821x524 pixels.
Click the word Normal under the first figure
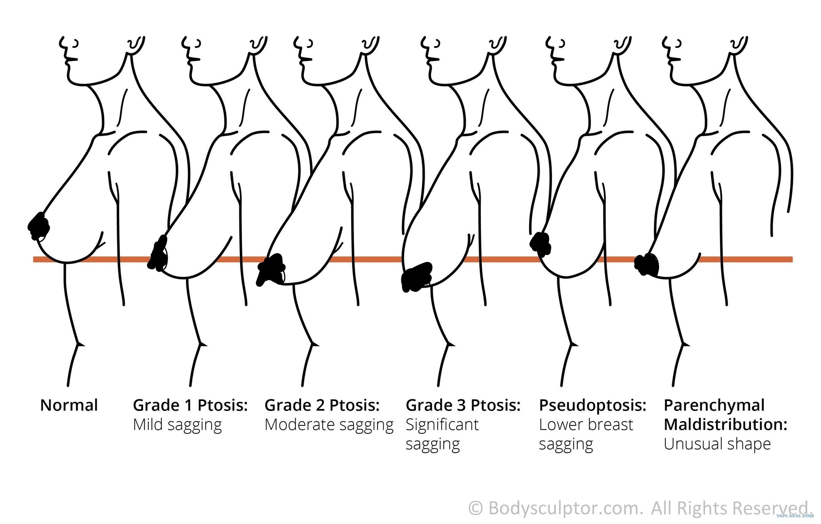[69, 405]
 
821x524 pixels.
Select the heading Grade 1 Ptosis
[190, 405]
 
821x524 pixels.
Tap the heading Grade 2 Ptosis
[322, 405]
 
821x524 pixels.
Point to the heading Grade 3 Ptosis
[463, 405]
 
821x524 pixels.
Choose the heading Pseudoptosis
[592, 405]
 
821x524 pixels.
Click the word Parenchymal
[714, 405]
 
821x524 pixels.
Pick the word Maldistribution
[725, 425]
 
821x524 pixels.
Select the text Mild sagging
[177, 425]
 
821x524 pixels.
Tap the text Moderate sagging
[329, 425]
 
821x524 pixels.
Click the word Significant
[442, 425]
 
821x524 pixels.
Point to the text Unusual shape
[717, 444]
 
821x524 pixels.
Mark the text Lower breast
[586, 425]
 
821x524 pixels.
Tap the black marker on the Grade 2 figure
[272, 268]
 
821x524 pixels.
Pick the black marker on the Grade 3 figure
[417, 276]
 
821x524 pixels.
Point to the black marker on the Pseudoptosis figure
[540, 243]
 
